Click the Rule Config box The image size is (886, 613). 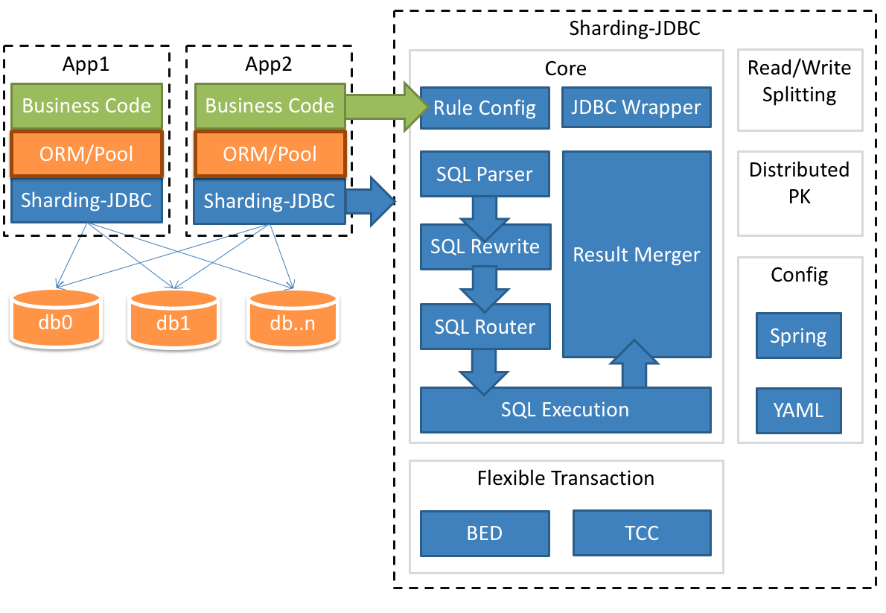tap(485, 108)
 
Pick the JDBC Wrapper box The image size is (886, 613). tap(636, 108)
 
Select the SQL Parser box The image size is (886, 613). tap(485, 174)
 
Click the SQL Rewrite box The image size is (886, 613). tap(485, 247)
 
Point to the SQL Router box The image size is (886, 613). tap(485, 326)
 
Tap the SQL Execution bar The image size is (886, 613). tap(565, 410)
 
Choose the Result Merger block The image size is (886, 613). tap(637, 254)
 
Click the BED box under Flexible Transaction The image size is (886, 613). tap(485, 533)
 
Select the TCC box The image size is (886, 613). tap(642, 533)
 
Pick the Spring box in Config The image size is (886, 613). tap(798, 336)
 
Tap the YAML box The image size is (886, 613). tap(798, 410)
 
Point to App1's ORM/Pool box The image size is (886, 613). tap(86, 154)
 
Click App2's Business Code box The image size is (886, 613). tap(270, 106)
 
